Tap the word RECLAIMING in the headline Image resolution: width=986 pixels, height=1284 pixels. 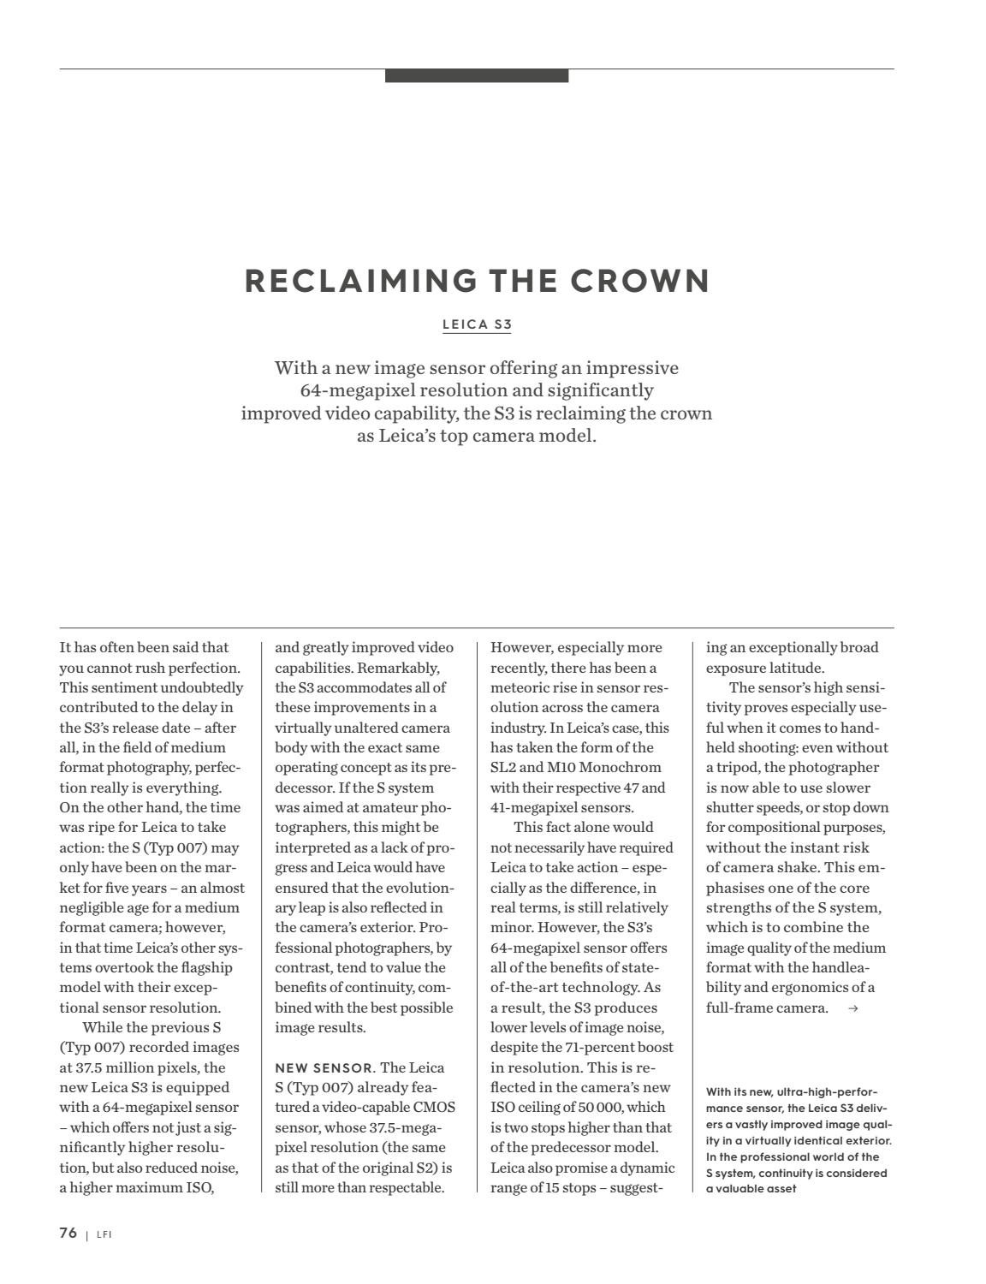tap(360, 282)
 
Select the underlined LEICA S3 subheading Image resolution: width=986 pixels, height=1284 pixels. tap(477, 324)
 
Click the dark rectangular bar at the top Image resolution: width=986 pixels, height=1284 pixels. tap(477, 75)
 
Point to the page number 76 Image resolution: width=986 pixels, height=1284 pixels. tap(68, 1233)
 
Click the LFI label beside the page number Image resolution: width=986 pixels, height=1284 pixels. tap(104, 1234)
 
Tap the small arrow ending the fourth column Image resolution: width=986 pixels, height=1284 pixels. tap(852, 1008)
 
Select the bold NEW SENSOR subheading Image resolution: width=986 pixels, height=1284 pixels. tap(324, 1068)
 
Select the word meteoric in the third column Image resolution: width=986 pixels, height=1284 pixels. tap(519, 687)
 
